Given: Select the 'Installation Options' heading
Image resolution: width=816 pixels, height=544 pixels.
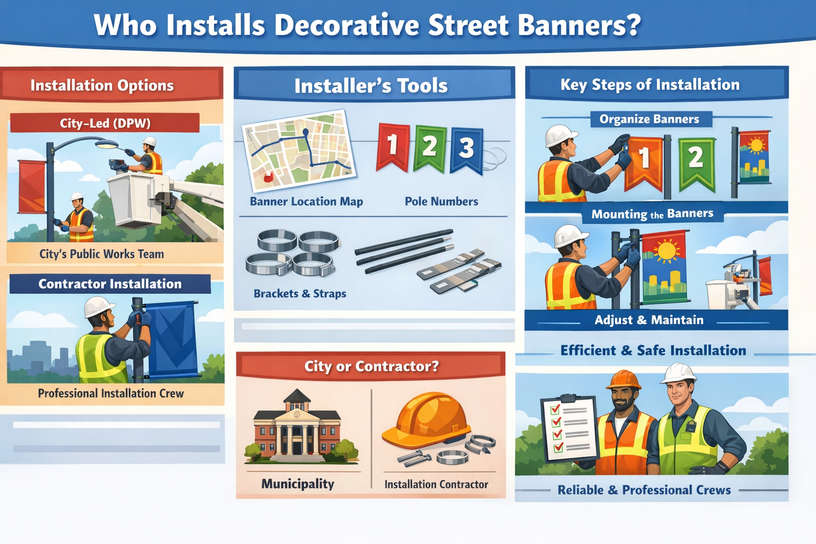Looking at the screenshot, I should click(x=102, y=85).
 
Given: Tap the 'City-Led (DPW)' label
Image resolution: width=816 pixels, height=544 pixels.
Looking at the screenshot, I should click(x=105, y=123).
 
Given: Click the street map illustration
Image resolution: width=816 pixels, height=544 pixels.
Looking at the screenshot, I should click(x=298, y=150).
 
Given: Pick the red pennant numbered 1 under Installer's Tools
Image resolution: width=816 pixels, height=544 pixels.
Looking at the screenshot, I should click(x=393, y=146).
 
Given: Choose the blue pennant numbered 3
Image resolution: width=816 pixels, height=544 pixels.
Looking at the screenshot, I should click(x=466, y=149).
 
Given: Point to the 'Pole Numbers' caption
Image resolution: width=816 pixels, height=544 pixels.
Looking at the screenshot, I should click(x=441, y=201).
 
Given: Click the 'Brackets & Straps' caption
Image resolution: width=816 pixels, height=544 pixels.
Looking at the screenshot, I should click(x=300, y=293).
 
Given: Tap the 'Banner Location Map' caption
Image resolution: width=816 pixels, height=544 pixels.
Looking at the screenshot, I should click(x=306, y=201).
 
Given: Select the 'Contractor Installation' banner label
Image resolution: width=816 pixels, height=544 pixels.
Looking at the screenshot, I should click(x=110, y=284).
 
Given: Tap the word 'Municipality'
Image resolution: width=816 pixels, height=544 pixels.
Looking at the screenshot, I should click(x=297, y=483).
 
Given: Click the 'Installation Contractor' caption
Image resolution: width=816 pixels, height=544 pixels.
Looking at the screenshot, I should click(x=436, y=484).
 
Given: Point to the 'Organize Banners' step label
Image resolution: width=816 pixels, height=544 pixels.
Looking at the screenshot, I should click(x=649, y=119).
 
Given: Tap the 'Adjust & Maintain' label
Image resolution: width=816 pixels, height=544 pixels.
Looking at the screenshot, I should click(x=649, y=320).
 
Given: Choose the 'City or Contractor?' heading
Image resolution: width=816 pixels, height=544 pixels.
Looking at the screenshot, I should click(x=371, y=366).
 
